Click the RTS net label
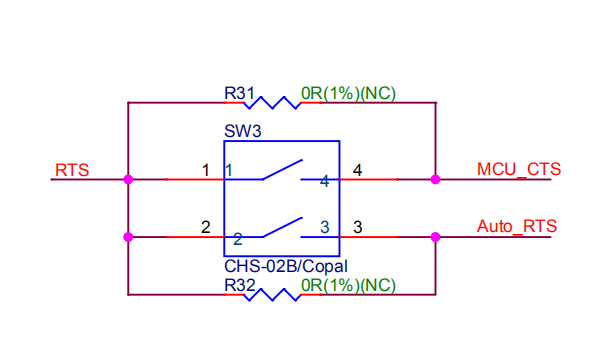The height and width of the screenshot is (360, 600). point(72,170)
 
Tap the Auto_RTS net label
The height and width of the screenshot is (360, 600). point(517,226)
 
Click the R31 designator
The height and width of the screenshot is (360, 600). point(239,93)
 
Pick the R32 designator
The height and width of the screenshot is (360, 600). point(239,285)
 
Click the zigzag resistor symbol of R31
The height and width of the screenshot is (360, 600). point(273,101)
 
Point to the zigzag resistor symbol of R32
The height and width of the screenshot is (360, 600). point(273,294)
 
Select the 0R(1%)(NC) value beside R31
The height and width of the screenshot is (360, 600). point(348,93)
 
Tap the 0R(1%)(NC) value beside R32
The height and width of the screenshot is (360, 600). point(348,285)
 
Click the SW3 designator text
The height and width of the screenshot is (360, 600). point(240,131)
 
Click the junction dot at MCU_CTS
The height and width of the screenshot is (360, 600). point(435,180)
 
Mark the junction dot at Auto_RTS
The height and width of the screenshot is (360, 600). point(435,237)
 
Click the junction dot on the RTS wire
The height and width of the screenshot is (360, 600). point(128,180)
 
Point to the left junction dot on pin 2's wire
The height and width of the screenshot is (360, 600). point(128,237)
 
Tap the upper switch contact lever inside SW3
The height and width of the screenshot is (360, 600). point(281,170)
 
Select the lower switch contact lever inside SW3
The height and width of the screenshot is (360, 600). point(281,228)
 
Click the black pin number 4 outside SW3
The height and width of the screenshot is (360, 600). point(357,170)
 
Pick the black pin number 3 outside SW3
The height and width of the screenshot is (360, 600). point(357,227)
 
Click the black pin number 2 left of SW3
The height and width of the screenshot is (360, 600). point(206,227)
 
